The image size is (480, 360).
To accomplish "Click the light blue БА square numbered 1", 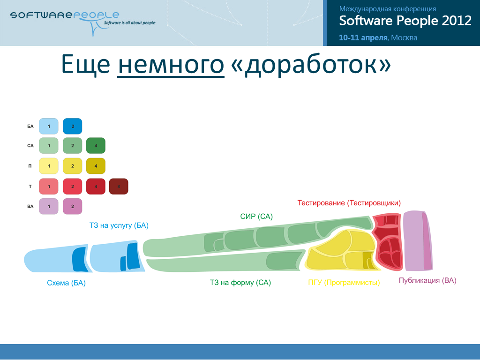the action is pos(49,126).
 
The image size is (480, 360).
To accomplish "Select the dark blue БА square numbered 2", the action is pos(73,126).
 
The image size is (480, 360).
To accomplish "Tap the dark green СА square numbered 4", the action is pos(96,146).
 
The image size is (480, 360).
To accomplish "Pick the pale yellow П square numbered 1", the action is pos(49,166).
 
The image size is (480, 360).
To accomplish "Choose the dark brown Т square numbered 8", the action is pos(119,187).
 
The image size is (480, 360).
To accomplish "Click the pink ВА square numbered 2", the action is pos(73,206).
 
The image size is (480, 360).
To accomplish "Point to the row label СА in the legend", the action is pos(30,146).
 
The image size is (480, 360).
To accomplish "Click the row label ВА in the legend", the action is pos(30,206).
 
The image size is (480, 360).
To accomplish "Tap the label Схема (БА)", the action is pos(66,283).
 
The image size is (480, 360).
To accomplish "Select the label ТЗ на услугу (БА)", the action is pos(119,225).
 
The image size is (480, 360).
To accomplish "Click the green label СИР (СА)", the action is pos(256,217).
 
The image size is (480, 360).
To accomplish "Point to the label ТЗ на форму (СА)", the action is pos(240,283).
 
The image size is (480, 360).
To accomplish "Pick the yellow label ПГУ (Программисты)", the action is pos(344,282).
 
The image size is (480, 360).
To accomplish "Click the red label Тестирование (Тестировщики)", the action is pos(349,203).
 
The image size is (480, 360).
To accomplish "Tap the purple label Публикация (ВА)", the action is pos(427,280).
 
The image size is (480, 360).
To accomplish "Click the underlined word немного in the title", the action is pos(171,64).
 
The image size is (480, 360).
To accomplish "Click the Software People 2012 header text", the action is pos(405,21).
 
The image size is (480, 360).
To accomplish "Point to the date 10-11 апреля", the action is pos(363,37).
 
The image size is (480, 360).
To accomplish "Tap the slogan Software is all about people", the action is pos(129,22).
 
